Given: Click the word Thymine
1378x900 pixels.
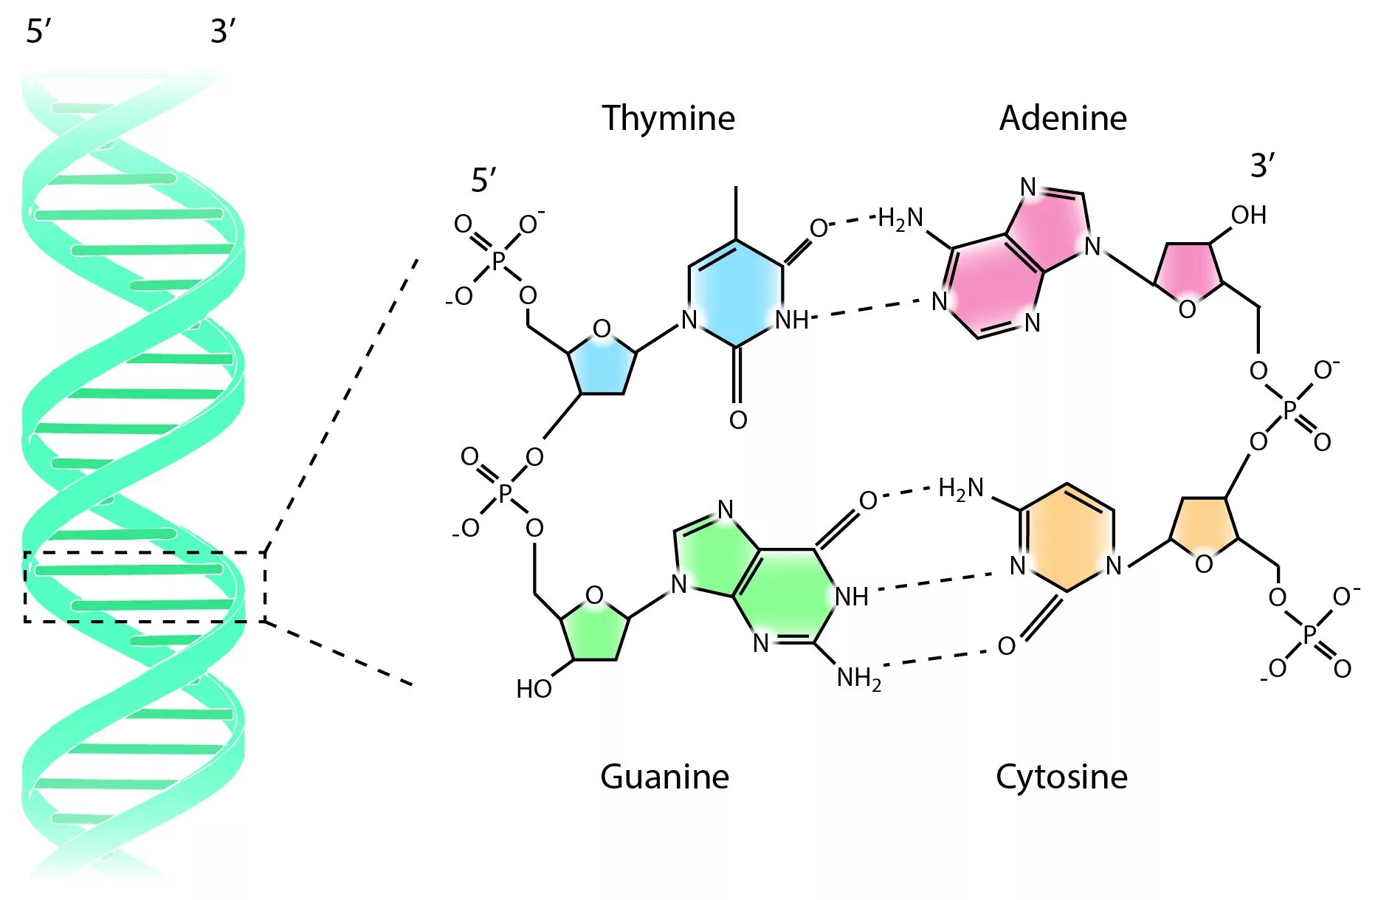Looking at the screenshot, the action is (x=668, y=118).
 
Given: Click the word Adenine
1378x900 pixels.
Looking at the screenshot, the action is (x=1063, y=118).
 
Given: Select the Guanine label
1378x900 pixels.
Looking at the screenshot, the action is (x=664, y=777).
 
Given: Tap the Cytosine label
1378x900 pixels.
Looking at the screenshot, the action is (x=1061, y=777).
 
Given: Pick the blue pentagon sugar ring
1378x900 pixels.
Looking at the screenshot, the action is (x=602, y=365).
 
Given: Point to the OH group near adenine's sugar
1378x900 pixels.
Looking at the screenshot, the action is (x=1249, y=216).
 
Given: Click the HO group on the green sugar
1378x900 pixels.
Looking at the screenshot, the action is (x=534, y=689).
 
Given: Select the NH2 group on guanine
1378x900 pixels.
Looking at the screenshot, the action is (x=858, y=678).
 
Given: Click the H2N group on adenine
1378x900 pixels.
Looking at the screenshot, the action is (x=900, y=219).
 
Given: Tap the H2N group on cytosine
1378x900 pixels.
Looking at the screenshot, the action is (x=961, y=489).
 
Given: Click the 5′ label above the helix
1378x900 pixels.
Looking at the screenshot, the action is (x=38, y=32).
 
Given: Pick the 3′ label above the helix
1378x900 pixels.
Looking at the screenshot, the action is (x=223, y=32).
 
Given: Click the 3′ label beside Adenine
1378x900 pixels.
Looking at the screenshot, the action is (x=1262, y=166).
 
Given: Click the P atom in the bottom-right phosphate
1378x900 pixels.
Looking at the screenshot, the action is (x=1309, y=633).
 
